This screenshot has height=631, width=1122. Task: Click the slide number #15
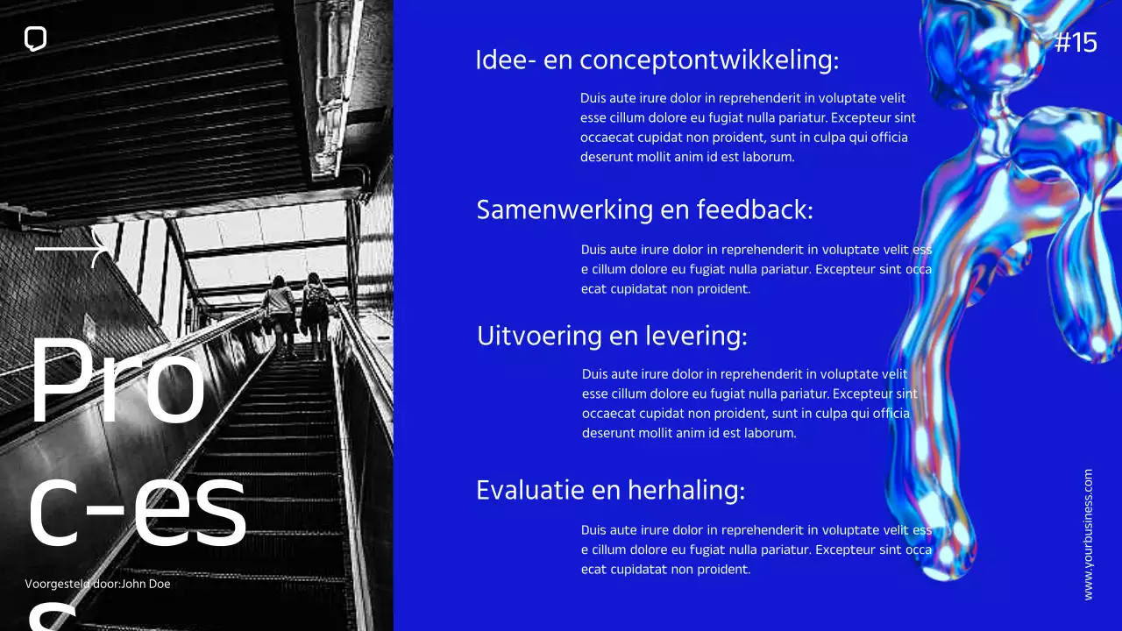click(x=1076, y=42)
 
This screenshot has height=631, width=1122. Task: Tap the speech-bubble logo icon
click(x=35, y=39)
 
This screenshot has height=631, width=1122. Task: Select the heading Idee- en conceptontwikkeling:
click(x=657, y=60)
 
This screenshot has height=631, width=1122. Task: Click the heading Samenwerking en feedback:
click(x=644, y=209)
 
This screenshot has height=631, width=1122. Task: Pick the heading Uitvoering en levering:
click(x=612, y=336)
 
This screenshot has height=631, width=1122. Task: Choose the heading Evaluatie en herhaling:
click(x=610, y=489)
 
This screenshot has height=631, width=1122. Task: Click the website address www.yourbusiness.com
click(x=1089, y=534)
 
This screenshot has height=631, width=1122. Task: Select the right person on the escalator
click(x=316, y=311)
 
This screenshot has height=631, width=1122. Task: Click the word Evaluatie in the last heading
click(x=529, y=489)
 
